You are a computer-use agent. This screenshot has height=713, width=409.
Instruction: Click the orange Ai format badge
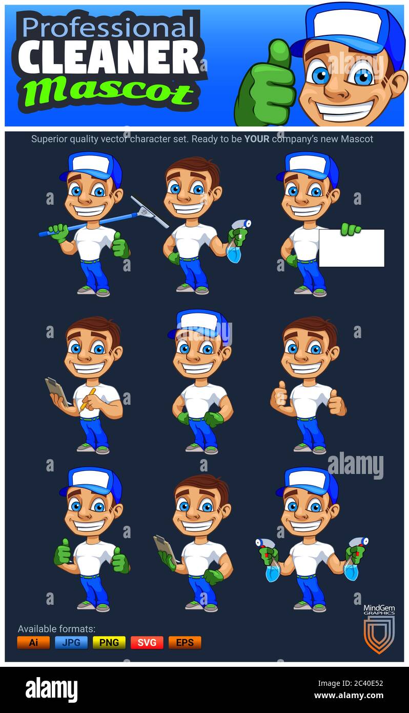pyautogui.click(x=33, y=642)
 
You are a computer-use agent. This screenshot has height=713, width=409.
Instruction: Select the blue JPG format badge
pyautogui.click(x=71, y=642)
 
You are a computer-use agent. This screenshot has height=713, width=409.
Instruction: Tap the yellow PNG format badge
pyautogui.click(x=109, y=642)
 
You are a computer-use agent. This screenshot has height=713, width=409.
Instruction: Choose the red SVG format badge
pyautogui.click(x=147, y=642)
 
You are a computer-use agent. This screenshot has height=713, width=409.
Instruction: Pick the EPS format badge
pyautogui.click(x=185, y=642)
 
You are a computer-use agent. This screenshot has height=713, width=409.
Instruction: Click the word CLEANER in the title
pyautogui.click(x=109, y=57)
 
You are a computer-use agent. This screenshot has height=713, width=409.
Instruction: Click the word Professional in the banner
pyautogui.click(x=109, y=27)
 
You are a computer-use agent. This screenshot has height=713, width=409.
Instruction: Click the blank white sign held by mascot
pyautogui.click(x=352, y=248)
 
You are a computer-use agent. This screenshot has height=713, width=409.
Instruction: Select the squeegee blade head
pyautogui.click(x=149, y=211)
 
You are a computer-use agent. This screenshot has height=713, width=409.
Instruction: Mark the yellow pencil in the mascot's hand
pyautogui.click(x=88, y=399)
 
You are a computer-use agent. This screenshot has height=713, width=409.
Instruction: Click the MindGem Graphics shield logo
pyautogui.click(x=379, y=634)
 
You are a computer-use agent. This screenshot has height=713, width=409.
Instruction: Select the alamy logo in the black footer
pyautogui.click(x=51, y=690)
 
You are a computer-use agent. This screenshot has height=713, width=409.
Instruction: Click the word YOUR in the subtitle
pyautogui.click(x=256, y=139)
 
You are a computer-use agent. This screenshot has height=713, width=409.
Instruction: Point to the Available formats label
pyautogui.click(x=56, y=628)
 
